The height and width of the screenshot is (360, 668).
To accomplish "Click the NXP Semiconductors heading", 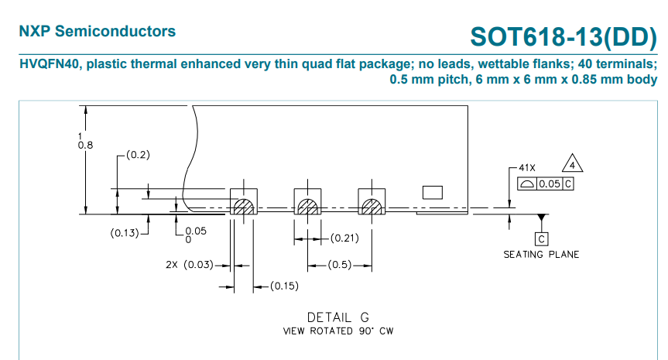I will pyautogui.click(x=98, y=32).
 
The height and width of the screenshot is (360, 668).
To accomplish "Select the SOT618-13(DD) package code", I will pyautogui.click(x=564, y=36).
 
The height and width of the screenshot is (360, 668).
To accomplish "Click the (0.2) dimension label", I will pyautogui.click(x=137, y=155).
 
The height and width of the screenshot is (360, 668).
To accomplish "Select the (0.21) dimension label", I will pyautogui.click(x=343, y=238).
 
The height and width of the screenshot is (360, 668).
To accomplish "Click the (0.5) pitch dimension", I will pyautogui.click(x=339, y=265).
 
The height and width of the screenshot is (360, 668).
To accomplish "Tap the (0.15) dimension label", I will pyautogui.click(x=284, y=287).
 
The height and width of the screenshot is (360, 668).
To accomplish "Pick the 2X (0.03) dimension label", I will pyautogui.click(x=190, y=265).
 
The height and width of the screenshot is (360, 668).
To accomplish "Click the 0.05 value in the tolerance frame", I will pyautogui.click(x=549, y=184).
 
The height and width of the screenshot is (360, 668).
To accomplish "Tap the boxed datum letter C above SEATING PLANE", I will pyautogui.click(x=542, y=239).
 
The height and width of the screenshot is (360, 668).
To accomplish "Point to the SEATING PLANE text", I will pyautogui.click(x=541, y=255).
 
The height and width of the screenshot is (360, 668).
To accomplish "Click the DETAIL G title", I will pyautogui.click(x=338, y=317).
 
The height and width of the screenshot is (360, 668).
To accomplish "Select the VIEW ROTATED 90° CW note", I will pyautogui.click(x=338, y=331).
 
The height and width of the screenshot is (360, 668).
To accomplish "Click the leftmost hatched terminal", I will pyautogui.click(x=244, y=207).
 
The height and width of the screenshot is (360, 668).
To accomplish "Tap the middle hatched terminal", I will pyautogui.click(x=307, y=207).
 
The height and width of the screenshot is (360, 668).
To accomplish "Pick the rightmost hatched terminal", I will pyautogui.click(x=371, y=207).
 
